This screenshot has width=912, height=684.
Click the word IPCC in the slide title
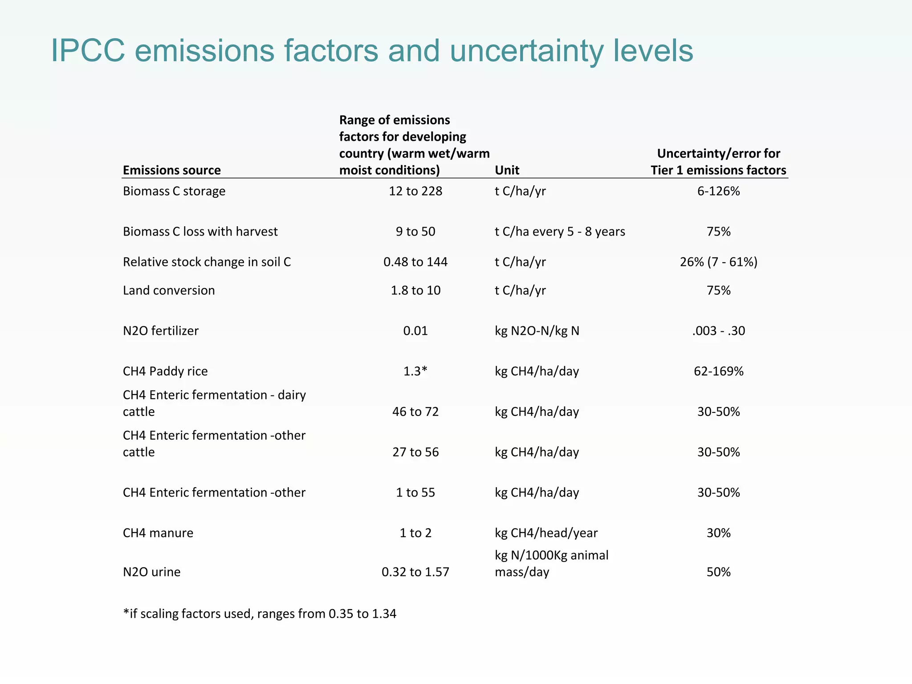click(88, 51)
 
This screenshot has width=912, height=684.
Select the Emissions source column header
click(172, 170)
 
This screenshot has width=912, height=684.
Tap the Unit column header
click(507, 170)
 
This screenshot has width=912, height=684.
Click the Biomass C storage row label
click(174, 191)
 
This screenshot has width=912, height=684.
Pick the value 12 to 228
click(415, 191)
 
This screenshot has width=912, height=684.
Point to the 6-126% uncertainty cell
click(718, 191)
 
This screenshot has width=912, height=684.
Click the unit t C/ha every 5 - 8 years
click(560, 232)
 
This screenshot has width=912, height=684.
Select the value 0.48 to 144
click(415, 262)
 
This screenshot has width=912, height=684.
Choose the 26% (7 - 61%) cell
click(718, 262)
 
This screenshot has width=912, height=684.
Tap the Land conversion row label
click(169, 290)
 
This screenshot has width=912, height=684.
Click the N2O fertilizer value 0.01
click(415, 331)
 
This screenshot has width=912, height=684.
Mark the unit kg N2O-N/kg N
click(537, 331)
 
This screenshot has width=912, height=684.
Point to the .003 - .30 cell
click(718, 331)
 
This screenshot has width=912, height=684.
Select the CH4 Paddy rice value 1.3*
click(415, 371)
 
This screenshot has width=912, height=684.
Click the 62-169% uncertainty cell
click(718, 371)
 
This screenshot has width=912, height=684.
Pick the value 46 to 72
click(415, 411)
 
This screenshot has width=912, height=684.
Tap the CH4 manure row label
click(158, 533)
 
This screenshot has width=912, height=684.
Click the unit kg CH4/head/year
click(546, 533)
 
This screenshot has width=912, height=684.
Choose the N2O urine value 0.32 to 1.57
click(415, 572)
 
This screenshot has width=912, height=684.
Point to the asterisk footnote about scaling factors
click(260, 614)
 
